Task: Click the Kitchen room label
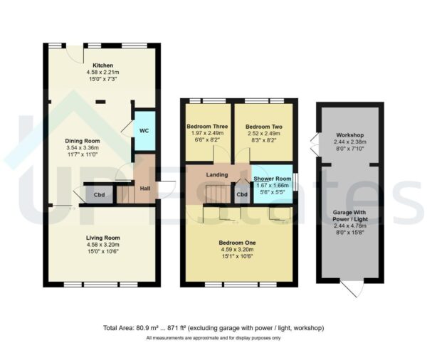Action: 102,65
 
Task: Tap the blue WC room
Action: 144,131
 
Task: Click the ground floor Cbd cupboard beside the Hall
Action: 99,194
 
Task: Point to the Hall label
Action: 144,189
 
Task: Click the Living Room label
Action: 102,238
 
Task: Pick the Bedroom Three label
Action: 207,127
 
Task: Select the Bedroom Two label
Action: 264,127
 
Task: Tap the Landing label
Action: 218,174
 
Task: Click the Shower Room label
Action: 274,179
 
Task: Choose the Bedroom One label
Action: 238,243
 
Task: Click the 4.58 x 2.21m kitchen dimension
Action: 102,73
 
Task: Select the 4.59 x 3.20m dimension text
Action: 238,250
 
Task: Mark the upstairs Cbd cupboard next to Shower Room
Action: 242,194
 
